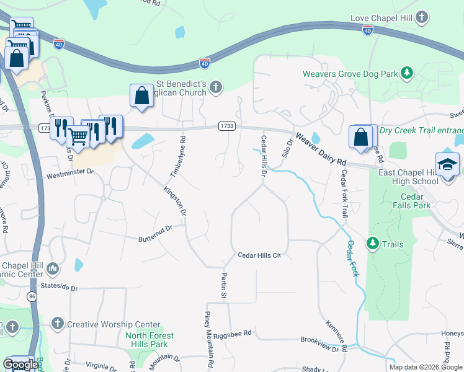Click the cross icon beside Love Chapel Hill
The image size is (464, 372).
[x=422, y=17]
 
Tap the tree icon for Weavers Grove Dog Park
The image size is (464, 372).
[x=407, y=73]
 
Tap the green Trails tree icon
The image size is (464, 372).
[x=373, y=244]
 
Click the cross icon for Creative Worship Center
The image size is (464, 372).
[x=57, y=324]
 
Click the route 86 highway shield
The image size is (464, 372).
[x=31, y=297]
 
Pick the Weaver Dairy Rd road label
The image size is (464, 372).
[x=320, y=149]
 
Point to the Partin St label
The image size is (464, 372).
[x=224, y=285]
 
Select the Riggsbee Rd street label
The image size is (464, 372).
[x=232, y=334]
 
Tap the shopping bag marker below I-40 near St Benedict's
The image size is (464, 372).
[x=141, y=97]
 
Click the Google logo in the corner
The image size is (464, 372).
[x=20, y=365]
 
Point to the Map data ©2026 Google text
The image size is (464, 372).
[x=425, y=367]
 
